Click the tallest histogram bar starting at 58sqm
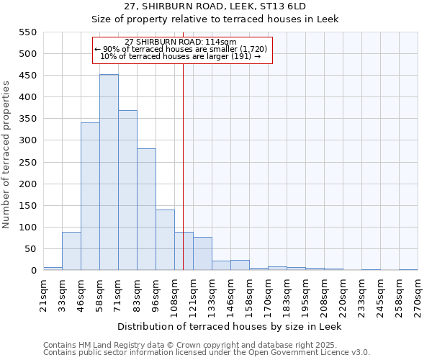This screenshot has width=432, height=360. point(109,173)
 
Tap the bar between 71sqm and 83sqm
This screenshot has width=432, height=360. point(127,191)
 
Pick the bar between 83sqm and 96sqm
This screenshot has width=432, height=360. point(146,210)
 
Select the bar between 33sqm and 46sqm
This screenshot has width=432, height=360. point(71,251)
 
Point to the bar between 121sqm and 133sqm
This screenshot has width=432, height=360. point(202,253)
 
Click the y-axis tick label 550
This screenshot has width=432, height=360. point(27,32)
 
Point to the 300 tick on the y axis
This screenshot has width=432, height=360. point(27,140)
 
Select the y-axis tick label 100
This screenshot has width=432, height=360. point(27,228)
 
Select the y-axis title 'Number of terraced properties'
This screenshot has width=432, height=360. point(7,155)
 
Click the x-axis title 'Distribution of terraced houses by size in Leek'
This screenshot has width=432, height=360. point(229,326)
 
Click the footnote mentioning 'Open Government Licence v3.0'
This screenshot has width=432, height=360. point(207,352)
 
